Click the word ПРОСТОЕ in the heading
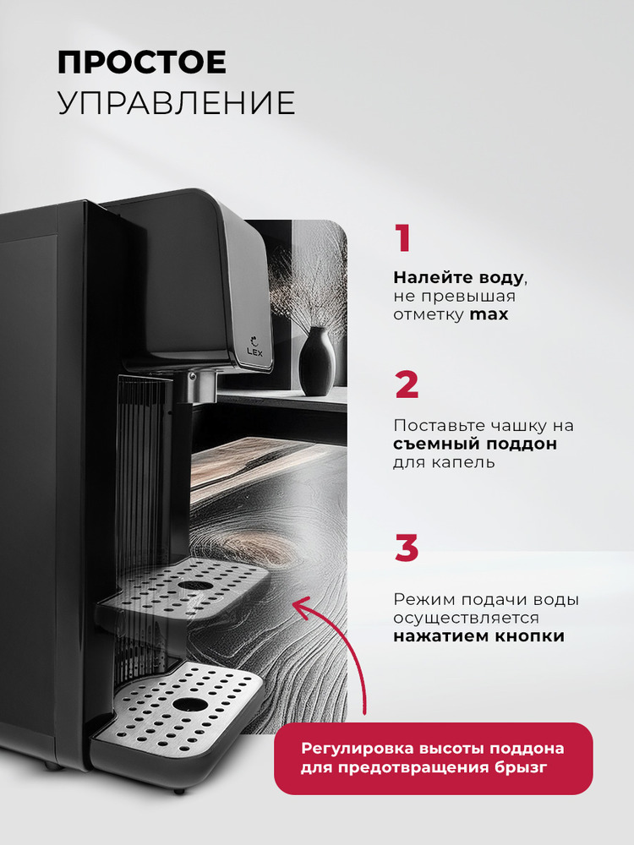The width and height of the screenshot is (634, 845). (x=142, y=63)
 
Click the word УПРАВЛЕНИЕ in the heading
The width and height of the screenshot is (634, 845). (x=177, y=103)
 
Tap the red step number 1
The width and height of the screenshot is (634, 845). (x=403, y=238)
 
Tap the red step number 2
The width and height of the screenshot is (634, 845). (x=407, y=384)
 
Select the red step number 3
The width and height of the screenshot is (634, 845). (x=407, y=548)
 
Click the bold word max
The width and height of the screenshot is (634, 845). (x=489, y=314)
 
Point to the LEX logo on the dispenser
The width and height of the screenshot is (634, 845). (x=254, y=346)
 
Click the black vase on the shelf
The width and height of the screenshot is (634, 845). (x=317, y=361)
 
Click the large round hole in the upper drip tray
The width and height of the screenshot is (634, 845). (x=195, y=586)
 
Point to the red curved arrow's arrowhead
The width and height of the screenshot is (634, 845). (x=300, y=606)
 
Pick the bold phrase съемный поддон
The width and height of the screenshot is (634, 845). (x=475, y=444)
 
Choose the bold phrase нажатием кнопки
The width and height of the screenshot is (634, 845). (x=478, y=636)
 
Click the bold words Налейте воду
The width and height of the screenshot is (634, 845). (x=458, y=278)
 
